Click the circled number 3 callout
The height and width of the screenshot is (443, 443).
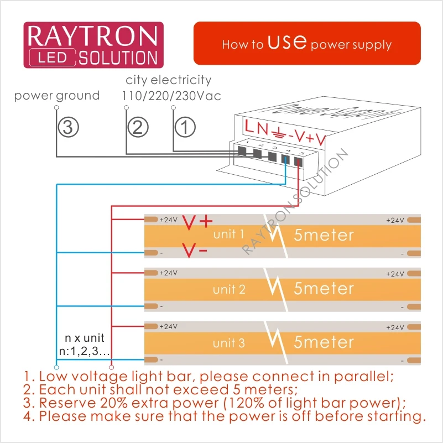pyautogui.click(x=69, y=127)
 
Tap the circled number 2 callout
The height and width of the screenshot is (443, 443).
pyautogui.click(x=138, y=127)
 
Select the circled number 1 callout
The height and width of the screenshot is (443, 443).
pyautogui.click(x=185, y=127)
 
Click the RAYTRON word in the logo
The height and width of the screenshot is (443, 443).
pyautogui.click(x=93, y=36)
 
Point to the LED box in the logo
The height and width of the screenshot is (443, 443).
pyautogui.click(x=53, y=58)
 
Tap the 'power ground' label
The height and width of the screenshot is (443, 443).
pyautogui.click(x=57, y=96)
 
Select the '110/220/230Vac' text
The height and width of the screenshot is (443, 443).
pyautogui.click(x=171, y=96)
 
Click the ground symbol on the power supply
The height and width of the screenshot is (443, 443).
pyautogui.click(x=278, y=133)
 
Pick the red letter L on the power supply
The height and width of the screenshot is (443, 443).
pyautogui.click(x=249, y=126)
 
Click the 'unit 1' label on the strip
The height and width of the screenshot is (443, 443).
pyautogui.click(x=228, y=234)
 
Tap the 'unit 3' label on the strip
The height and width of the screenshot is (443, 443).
pyautogui.click(x=229, y=343)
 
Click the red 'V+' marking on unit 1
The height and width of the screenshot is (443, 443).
pyautogui.click(x=197, y=222)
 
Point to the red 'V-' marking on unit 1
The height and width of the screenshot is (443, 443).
pyautogui.click(x=195, y=250)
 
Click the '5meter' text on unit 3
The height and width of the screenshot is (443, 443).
pyautogui.click(x=324, y=342)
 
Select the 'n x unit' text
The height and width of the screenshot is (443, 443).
pyautogui.click(x=85, y=338)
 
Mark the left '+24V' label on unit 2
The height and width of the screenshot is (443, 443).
pyautogui.click(x=168, y=273)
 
